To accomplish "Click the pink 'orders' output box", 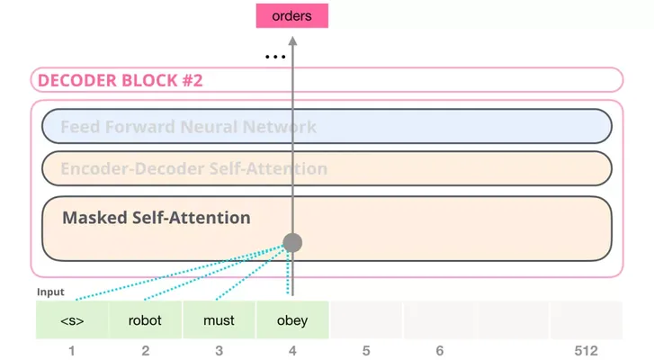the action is pyautogui.click(x=292, y=16).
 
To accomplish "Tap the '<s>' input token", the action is pyautogui.click(x=72, y=320).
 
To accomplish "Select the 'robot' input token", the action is pyautogui.click(x=145, y=320).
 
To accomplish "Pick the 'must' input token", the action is pyautogui.click(x=219, y=320).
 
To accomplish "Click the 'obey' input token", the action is pyautogui.click(x=292, y=320).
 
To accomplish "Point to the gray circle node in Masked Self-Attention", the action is pyautogui.click(x=292, y=243).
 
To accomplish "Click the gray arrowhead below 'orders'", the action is pyautogui.click(x=292, y=40).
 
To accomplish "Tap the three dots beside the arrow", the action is pyautogui.click(x=275, y=57).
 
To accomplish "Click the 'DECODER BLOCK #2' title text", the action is pyautogui.click(x=121, y=80).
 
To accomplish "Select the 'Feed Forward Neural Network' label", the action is pyautogui.click(x=189, y=127).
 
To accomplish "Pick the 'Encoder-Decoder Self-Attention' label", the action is pyautogui.click(x=194, y=168).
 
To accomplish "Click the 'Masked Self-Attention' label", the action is pyautogui.click(x=157, y=218).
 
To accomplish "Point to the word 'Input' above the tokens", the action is pyautogui.click(x=50, y=292).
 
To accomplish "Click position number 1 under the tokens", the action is pyautogui.click(x=72, y=351).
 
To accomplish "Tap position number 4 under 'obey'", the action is pyautogui.click(x=292, y=351).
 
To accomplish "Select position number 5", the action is pyautogui.click(x=366, y=351).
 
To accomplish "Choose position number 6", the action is pyautogui.click(x=440, y=351).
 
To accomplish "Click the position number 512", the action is pyautogui.click(x=586, y=351).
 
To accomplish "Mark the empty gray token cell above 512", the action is pyautogui.click(x=586, y=320).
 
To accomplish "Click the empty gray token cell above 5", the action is pyautogui.click(x=366, y=320).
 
